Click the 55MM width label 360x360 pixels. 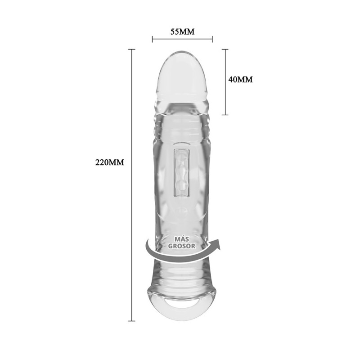click(x=182, y=31)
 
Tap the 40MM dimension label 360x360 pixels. click(x=240, y=80)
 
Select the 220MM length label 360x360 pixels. click(x=109, y=162)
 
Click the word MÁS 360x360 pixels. click(x=182, y=239)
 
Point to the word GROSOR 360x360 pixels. click(x=182, y=246)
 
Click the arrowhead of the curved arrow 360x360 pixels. click(x=215, y=244)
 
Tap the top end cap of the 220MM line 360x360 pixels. click(x=131, y=49)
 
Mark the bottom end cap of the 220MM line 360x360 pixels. click(x=131, y=321)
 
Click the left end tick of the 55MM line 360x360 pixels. click(x=152, y=39)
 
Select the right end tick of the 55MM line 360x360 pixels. click(x=212, y=39)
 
